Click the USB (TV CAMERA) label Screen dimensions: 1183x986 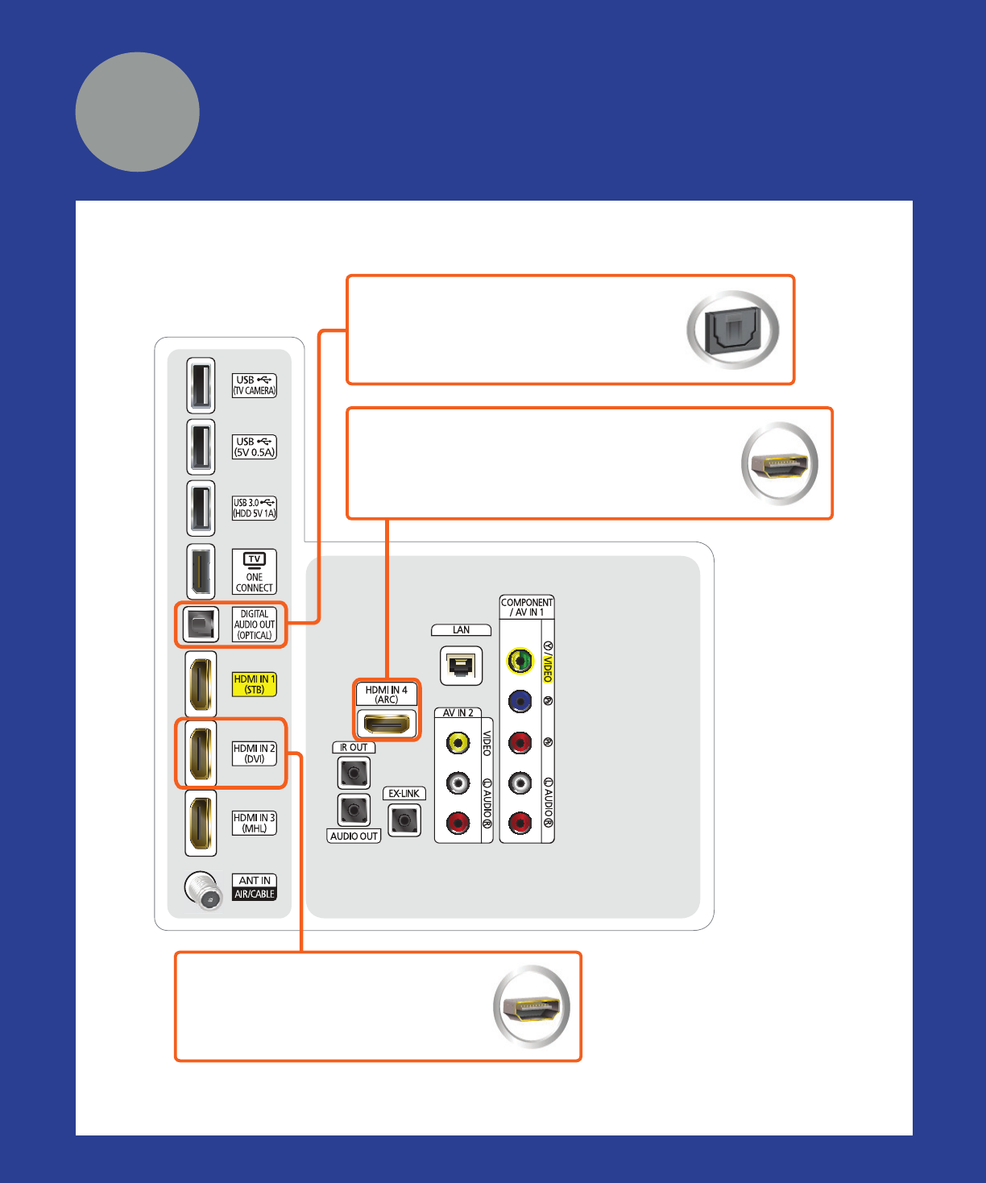(x=255, y=385)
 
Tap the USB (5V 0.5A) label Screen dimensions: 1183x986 (x=255, y=447)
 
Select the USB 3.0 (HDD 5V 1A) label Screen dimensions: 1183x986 (x=255, y=508)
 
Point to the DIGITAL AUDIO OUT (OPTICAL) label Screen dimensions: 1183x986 (x=255, y=625)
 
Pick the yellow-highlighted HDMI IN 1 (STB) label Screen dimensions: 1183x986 (x=255, y=684)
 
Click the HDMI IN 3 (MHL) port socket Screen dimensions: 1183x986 (x=201, y=823)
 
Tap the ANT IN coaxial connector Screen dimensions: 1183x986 (x=202, y=890)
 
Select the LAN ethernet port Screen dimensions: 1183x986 (x=462, y=666)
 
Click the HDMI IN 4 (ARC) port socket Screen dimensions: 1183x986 (x=387, y=724)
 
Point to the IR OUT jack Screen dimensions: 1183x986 (x=354, y=774)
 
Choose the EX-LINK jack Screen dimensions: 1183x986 (x=404, y=820)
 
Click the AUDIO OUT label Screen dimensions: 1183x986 (x=354, y=836)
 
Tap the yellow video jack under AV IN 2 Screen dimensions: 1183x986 (x=458, y=742)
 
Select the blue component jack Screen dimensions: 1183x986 (x=520, y=702)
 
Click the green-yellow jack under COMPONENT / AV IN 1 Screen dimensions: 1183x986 (x=520, y=661)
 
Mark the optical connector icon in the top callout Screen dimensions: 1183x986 (x=732, y=330)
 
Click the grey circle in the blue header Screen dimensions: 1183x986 (x=138, y=112)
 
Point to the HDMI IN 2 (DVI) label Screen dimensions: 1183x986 (x=255, y=753)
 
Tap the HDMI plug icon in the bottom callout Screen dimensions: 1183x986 (x=531, y=1007)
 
